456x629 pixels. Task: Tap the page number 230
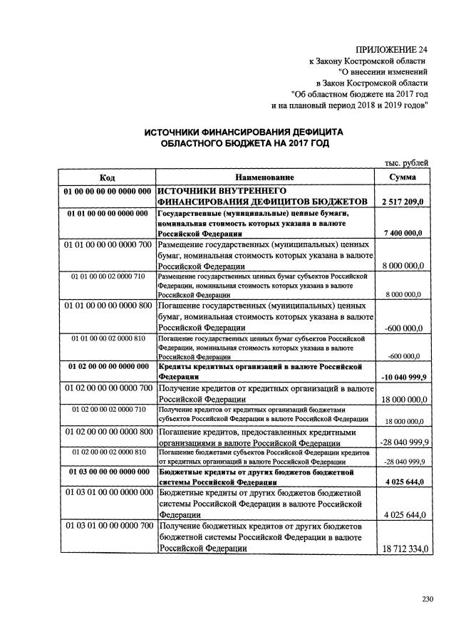[x=427, y=597]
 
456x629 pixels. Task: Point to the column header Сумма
[x=403, y=177]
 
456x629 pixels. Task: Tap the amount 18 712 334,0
[x=403, y=549]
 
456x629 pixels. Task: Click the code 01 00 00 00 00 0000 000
[x=106, y=191]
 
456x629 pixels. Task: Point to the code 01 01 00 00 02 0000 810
[x=108, y=338]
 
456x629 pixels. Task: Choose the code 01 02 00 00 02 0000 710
[x=108, y=410]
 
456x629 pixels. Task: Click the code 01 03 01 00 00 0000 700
[x=108, y=526]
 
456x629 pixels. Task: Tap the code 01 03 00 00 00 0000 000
[x=108, y=472]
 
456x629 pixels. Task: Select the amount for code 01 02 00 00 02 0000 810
[x=403, y=462]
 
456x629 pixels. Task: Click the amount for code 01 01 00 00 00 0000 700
[x=403, y=266]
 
